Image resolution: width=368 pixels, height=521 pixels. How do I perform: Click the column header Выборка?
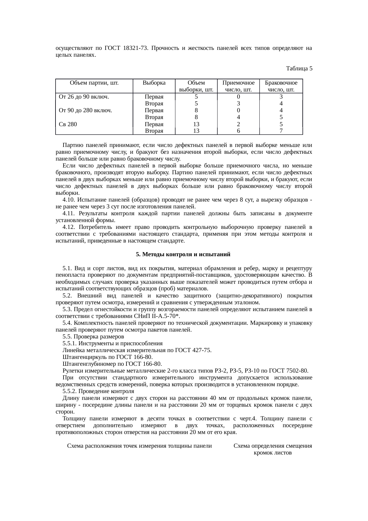[154, 83]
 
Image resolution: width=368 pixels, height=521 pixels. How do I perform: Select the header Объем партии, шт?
[94, 83]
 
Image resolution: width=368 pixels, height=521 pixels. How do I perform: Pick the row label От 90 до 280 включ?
[85, 110]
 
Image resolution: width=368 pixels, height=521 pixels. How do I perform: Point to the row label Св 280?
[68, 124]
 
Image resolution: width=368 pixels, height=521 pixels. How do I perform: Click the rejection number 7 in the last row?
[281, 131]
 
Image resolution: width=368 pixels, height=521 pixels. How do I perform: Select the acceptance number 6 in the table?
[238, 131]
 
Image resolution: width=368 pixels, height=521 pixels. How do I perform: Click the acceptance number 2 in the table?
[238, 124]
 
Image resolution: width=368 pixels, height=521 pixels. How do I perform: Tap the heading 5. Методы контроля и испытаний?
[183, 255]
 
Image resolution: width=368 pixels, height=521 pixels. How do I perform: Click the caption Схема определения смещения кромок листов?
[272, 449]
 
